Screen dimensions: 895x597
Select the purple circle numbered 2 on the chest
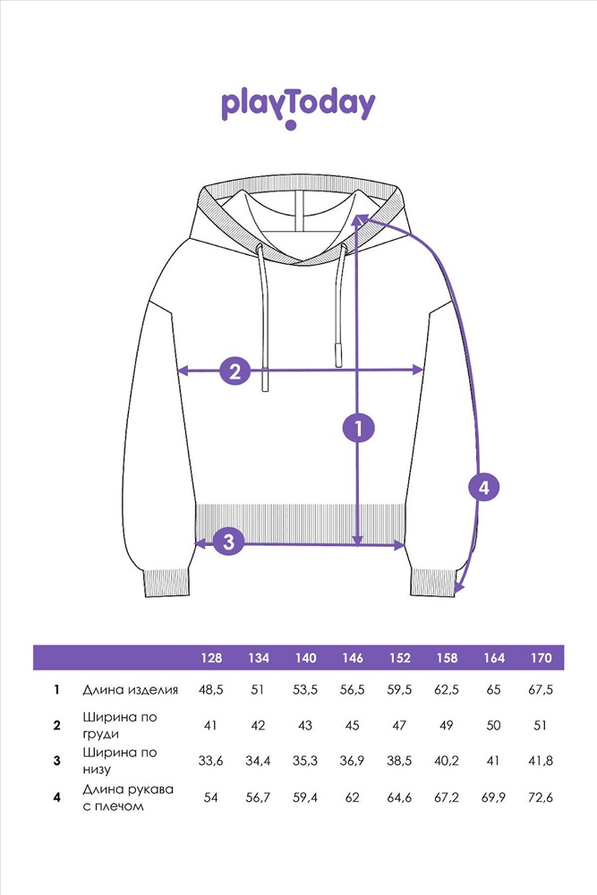(235, 370)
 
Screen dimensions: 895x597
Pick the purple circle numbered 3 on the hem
(229, 541)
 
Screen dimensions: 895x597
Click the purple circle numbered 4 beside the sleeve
(483, 488)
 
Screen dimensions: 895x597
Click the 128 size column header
(211, 658)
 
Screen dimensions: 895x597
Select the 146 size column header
(353, 658)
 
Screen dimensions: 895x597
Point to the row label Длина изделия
(131, 690)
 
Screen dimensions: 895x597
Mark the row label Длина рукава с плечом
(128, 797)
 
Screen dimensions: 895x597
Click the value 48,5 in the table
(211, 690)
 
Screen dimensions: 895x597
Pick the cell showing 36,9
(353, 761)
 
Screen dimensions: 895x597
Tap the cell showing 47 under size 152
(399, 725)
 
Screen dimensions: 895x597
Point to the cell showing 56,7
(258, 797)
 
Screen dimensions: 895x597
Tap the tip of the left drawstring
(265, 383)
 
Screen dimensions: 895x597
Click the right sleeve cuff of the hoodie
(433, 581)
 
